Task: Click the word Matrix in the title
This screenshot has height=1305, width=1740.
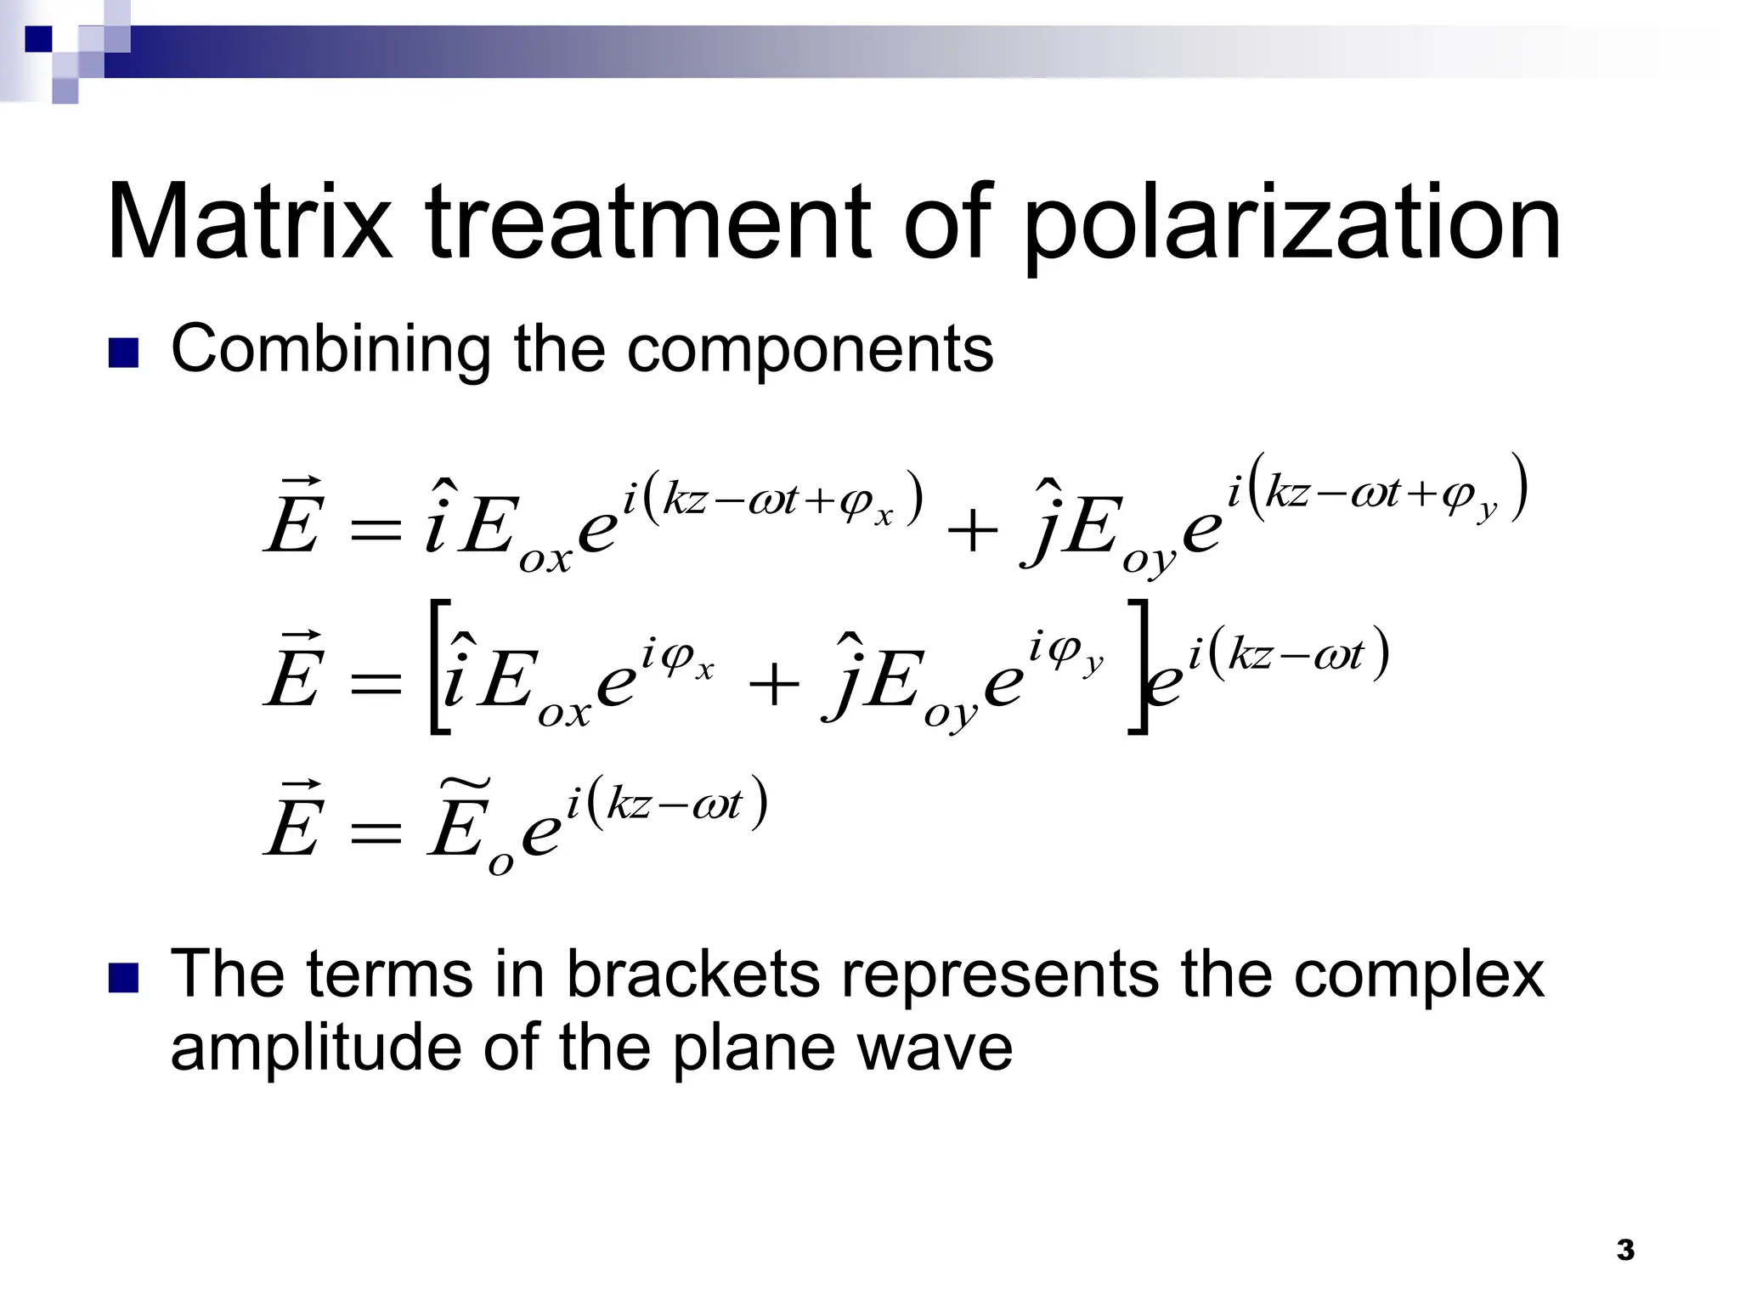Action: click(x=250, y=223)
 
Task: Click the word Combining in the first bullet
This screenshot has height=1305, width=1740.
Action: click(x=330, y=350)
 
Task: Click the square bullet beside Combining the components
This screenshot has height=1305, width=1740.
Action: click(x=124, y=354)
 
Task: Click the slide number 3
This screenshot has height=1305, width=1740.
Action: click(x=1625, y=1251)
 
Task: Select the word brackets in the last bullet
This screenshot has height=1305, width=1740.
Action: click(x=692, y=975)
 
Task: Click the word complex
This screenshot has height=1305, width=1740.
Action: click(x=1418, y=975)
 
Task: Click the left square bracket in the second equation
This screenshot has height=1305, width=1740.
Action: click(x=438, y=667)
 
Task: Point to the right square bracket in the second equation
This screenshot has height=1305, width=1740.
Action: click(x=1137, y=667)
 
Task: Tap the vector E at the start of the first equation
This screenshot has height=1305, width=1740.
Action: click(x=292, y=518)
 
